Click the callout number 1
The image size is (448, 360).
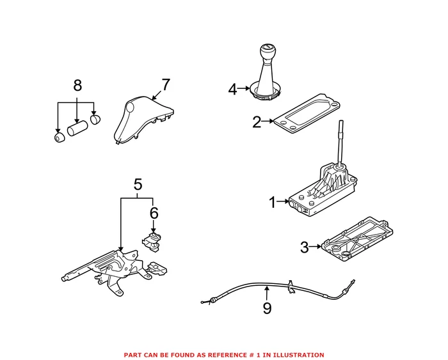[272, 203]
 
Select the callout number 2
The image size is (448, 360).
[257, 121]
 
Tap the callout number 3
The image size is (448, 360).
[305, 246]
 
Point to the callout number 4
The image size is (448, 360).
[233, 89]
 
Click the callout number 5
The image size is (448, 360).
[138, 185]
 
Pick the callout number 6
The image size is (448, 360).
[154, 212]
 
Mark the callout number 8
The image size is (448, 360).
[77, 85]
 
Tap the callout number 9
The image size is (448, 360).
[267, 308]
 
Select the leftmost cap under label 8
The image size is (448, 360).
[59, 137]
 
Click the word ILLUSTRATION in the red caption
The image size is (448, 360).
[300, 355]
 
